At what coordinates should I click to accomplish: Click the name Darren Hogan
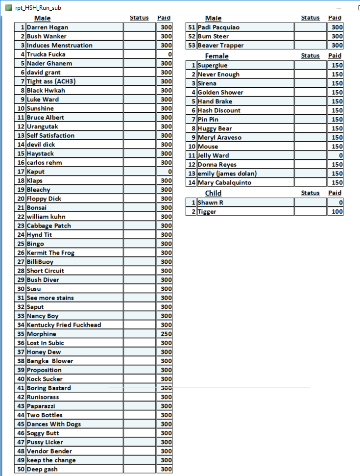tap(48, 27)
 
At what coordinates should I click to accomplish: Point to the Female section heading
tap(216, 56)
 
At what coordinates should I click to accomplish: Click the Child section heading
tap(213, 193)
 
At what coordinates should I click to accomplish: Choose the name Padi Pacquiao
tap(218, 27)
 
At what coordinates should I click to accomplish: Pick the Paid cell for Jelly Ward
tap(335, 155)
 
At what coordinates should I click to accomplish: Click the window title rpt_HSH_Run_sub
tap(38, 8)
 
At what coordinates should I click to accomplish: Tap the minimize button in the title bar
tap(338, 8)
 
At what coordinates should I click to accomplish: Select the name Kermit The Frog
tap(50, 253)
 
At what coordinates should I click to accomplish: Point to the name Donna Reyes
tap(217, 165)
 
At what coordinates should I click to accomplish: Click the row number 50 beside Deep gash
tap(21, 469)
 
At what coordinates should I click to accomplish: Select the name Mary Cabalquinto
tap(224, 183)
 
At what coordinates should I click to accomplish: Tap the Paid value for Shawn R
tap(335, 202)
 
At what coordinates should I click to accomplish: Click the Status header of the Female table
tap(310, 56)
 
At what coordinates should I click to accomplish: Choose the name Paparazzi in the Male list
tap(41, 406)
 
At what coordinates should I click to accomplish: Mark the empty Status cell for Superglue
tap(310, 65)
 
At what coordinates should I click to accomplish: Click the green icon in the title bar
tap(8, 8)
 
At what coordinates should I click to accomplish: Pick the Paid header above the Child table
tap(335, 193)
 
